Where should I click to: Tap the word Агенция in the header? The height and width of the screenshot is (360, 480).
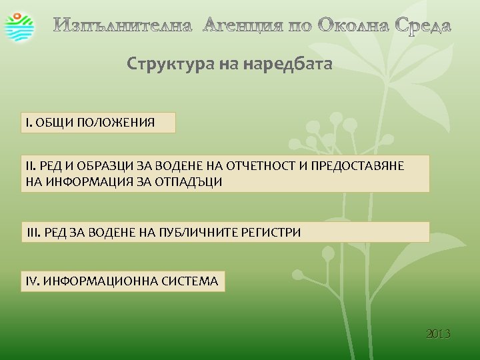coord(243,26)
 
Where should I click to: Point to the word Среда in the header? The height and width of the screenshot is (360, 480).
coord(423,26)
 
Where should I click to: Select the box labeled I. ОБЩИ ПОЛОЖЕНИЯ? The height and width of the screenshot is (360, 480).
coord(99,123)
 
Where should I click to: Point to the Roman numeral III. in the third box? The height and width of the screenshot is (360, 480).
coord(33,232)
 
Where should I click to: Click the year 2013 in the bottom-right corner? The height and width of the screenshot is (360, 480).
coord(438,333)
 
